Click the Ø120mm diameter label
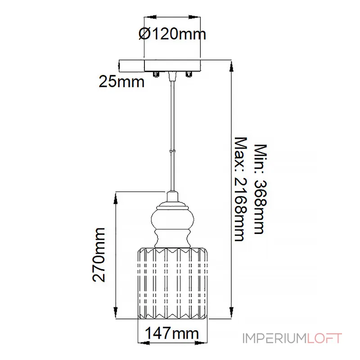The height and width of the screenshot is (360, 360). pyautogui.click(x=172, y=34)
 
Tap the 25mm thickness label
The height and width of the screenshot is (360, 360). pyautogui.click(x=121, y=82)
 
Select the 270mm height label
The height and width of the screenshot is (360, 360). pyautogui.click(x=99, y=255)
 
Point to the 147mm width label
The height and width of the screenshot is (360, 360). pyautogui.click(x=172, y=333)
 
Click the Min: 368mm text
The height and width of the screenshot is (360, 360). pyautogui.click(x=261, y=189)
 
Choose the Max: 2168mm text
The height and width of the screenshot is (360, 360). pyautogui.click(x=241, y=189)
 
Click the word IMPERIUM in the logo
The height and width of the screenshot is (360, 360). pyautogui.click(x=275, y=338)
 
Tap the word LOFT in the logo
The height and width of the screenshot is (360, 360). pyautogui.click(x=324, y=338)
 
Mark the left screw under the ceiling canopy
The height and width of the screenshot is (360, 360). pyautogui.click(x=156, y=74)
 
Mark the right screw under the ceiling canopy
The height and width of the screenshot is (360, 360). pyautogui.click(x=189, y=74)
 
